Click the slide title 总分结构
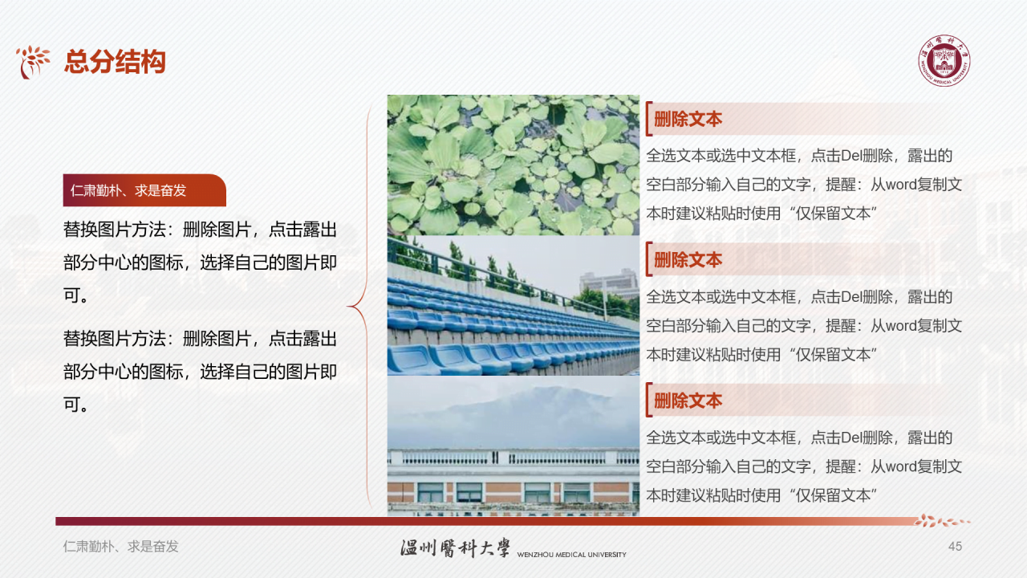click(115, 62)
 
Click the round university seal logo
click(944, 61)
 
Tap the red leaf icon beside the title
click(34, 62)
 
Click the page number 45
click(955, 547)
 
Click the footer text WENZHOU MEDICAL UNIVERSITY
click(571, 555)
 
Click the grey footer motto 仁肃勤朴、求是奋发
click(121, 547)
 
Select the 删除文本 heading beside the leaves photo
click(688, 120)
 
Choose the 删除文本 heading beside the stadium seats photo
click(688, 260)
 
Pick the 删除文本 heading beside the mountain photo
click(688, 401)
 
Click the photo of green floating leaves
click(513, 165)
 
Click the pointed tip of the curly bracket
click(349, 306)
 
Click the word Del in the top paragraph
click(850, 156)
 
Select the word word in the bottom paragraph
click(900, 466)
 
